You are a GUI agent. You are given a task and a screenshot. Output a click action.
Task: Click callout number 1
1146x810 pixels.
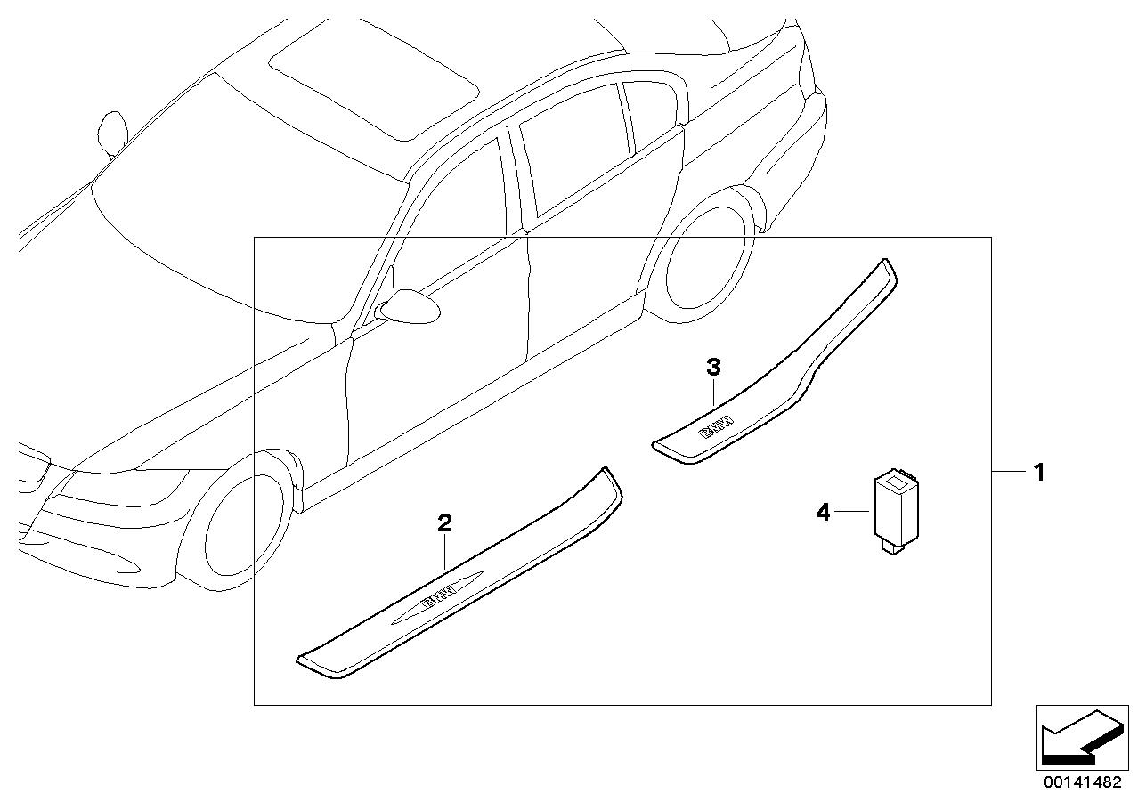coord(1037,472)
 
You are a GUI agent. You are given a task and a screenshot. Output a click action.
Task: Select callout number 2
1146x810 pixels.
coord(444,523)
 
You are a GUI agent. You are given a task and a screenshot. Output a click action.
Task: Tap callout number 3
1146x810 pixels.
coord(713,366)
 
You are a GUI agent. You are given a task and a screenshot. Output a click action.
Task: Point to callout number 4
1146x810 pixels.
coord(823,512)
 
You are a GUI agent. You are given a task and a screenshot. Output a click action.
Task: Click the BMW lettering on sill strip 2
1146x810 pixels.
coord(436,601)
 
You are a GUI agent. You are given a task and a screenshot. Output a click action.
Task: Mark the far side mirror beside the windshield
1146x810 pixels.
coord(113,129)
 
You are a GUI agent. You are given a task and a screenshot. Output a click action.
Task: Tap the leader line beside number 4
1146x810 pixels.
coord(850,512)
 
